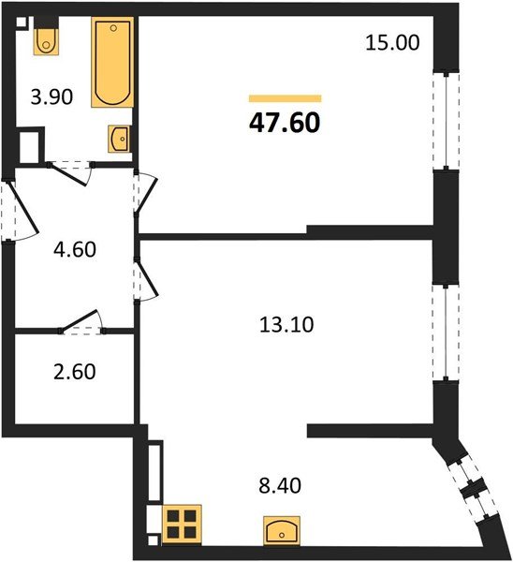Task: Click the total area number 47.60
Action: pyautogui.click(x=285, y=124)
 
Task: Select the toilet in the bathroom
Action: pyautogui.click(x=46, y=40)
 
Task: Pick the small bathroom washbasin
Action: pyautogui.click(x=120, y=140)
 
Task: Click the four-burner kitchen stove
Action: pyautogui.click(x=183, y=525)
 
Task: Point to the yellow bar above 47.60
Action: pyautogui.click(x=285, y=97)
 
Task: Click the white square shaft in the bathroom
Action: pyautogui.click(x=30, y=146)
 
